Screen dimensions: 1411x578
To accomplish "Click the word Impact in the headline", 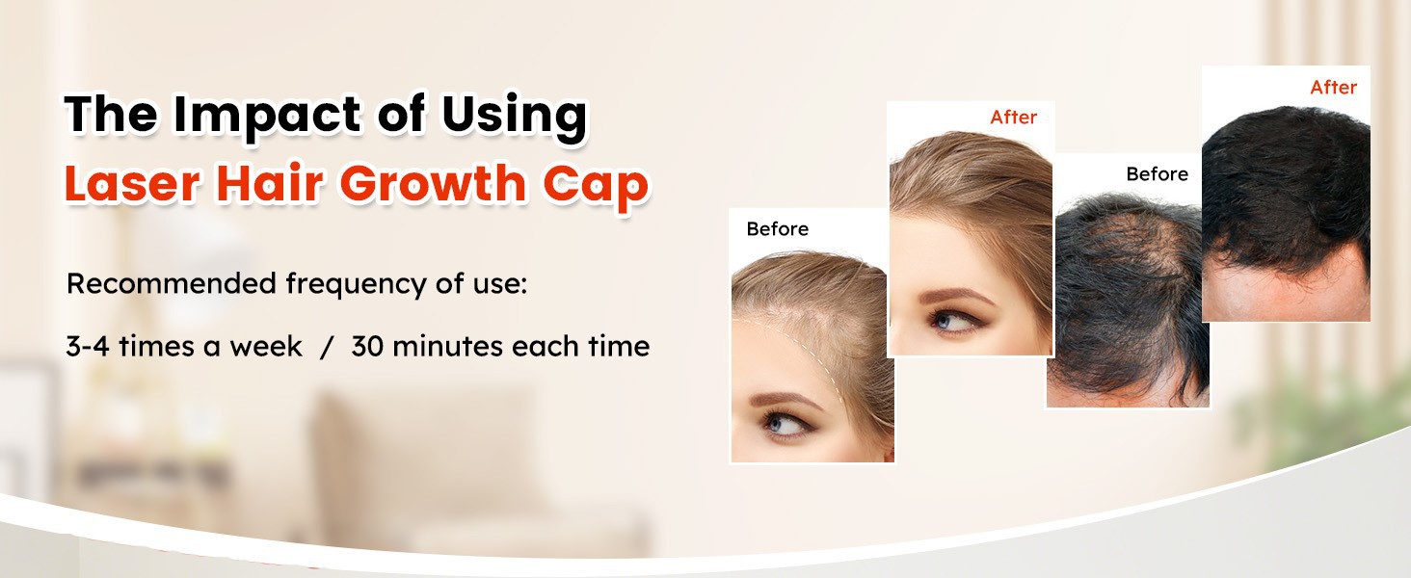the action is [268, 117].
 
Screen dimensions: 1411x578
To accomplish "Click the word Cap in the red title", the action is [596, 186].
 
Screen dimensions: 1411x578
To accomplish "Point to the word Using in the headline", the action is [514, 117].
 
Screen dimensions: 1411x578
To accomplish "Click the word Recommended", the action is [172, 283].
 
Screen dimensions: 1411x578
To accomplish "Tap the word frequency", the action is [357, 285].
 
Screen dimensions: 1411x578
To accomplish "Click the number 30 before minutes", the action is [367, 346].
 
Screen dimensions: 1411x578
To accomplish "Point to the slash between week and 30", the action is [326, 347].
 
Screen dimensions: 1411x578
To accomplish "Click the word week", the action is [266, 346].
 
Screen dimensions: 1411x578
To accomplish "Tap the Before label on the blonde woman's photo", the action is [778, 228].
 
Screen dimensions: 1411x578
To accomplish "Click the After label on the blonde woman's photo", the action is [1013, 118].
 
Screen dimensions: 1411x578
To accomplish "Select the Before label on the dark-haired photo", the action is [1158, 173].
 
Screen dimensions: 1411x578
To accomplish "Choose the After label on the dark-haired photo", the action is [1333, 87].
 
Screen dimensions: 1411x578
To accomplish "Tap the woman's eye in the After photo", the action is [950, 321].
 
